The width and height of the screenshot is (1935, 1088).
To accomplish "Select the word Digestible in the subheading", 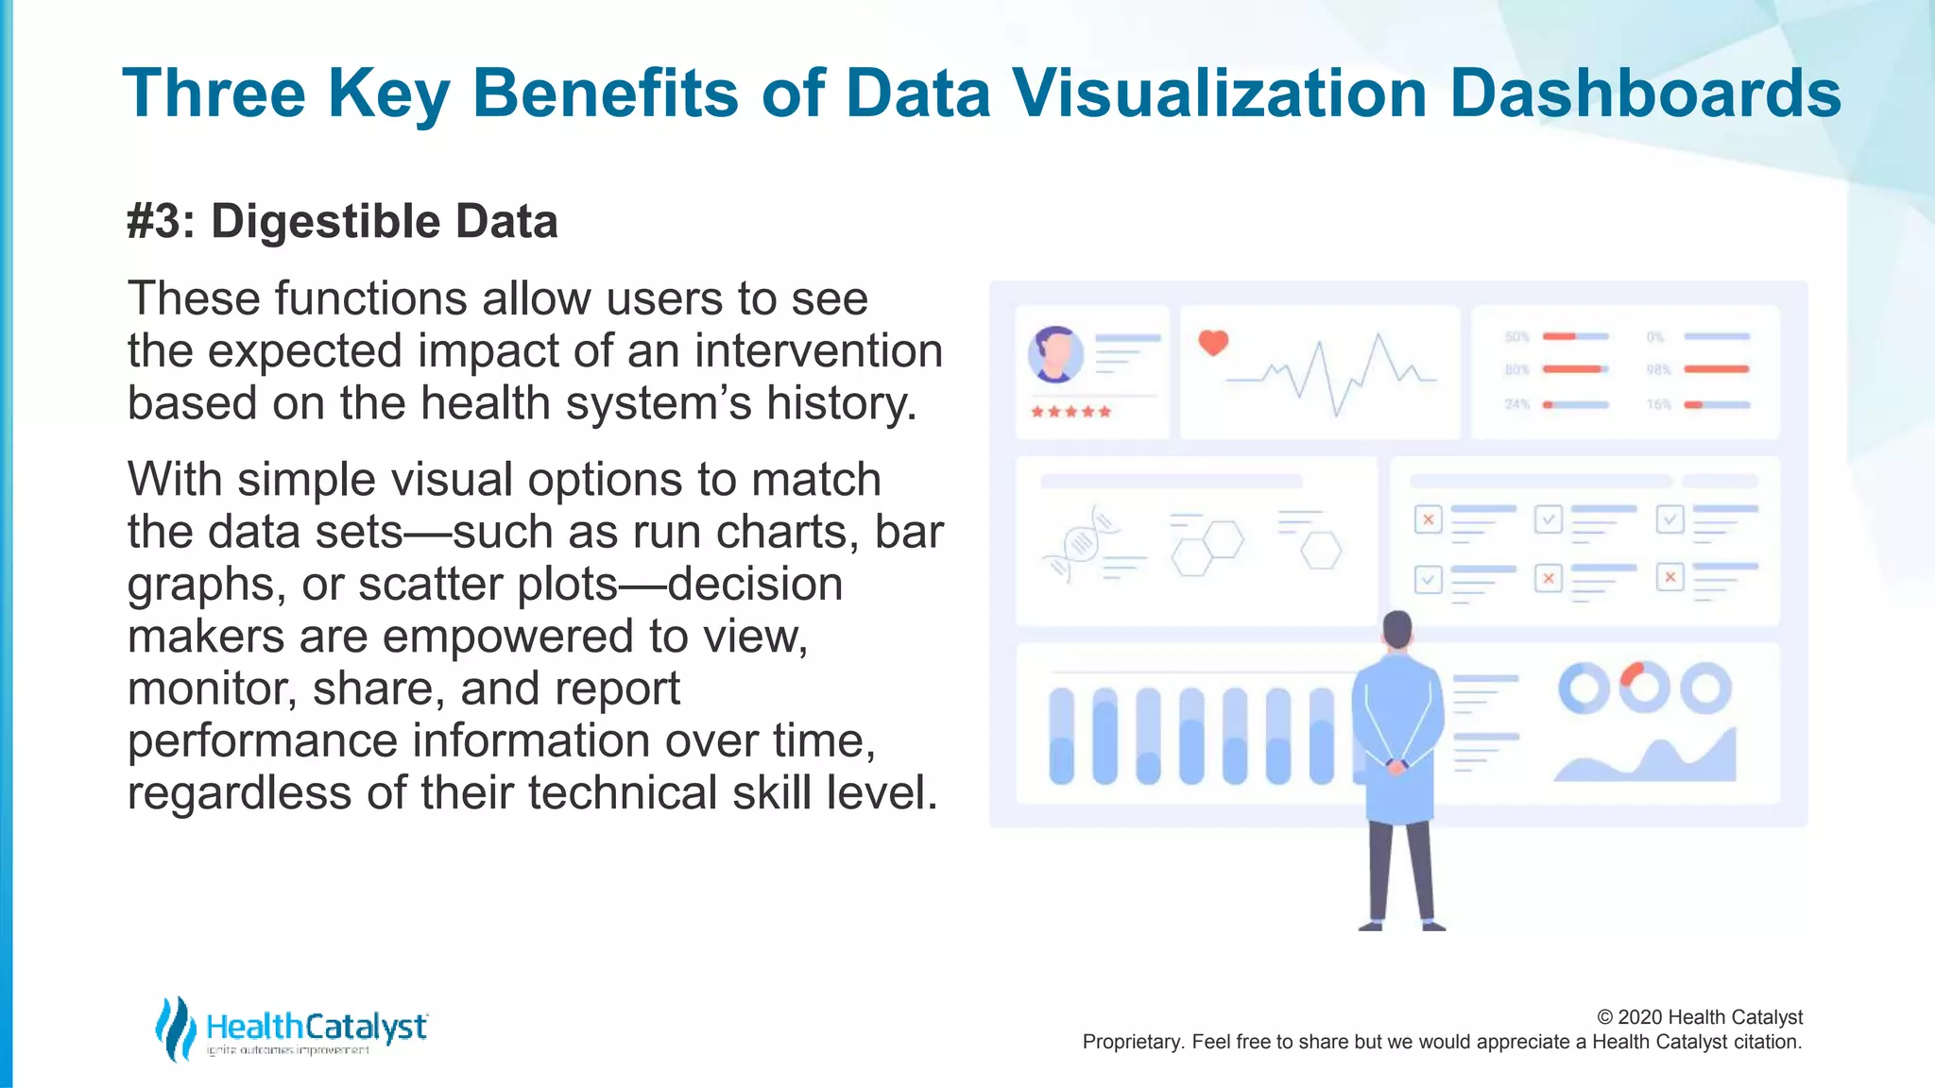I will coord(324,222).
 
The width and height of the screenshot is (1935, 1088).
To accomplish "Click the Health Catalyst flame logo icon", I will coord(175,1028).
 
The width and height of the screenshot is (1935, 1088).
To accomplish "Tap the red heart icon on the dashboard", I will coord(1213,342).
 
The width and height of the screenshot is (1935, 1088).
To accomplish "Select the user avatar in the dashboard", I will coord(1055,354).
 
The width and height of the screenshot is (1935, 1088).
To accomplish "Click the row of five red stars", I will coord(1070,412).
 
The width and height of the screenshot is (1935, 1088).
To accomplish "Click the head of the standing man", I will coord(1397,629).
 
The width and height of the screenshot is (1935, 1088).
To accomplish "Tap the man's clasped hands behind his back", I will coord(1396,766).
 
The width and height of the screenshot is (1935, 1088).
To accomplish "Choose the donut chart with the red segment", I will coord(1644,687).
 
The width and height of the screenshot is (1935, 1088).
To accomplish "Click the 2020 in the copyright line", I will coord(1641,1017).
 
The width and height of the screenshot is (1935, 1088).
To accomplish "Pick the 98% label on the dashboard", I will coord(1659,369).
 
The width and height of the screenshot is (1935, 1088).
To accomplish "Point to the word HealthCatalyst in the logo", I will coord(317,1026).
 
